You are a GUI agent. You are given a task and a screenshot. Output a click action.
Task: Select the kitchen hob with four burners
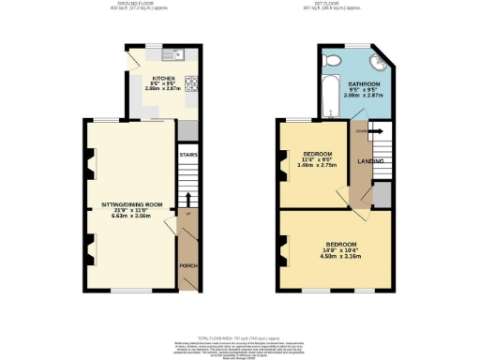[191, 84]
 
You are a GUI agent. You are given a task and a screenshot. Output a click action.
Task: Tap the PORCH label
[186, 266]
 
